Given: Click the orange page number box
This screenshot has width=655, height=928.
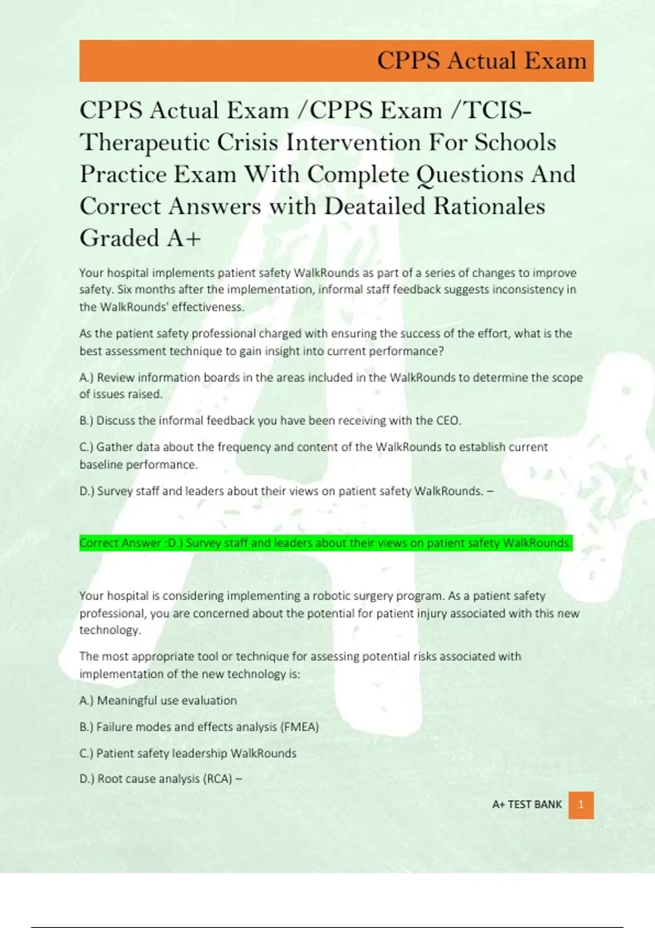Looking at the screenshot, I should (581, 805).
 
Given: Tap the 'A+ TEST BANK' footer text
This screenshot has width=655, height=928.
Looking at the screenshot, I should (527, 805).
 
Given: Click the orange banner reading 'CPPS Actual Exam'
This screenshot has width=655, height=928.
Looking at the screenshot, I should (336, 61).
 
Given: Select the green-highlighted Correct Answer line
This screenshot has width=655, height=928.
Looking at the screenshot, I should (325, 543).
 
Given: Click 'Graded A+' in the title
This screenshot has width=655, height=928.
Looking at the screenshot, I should (140, 238).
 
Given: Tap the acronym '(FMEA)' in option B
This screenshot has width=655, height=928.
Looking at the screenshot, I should (299, 727).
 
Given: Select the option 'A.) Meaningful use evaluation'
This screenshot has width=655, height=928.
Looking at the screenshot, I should (158, 700).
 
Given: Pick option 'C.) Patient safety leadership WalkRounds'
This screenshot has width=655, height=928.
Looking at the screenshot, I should (188, 753).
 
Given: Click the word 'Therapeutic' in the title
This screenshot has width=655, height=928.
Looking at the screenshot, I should (145, 143).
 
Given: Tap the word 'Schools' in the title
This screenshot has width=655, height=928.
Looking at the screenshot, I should (515, 143).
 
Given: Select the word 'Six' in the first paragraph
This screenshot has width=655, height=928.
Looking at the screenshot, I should (124, 290).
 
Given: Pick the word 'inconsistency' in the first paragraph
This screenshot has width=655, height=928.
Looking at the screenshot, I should (527, 290).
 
